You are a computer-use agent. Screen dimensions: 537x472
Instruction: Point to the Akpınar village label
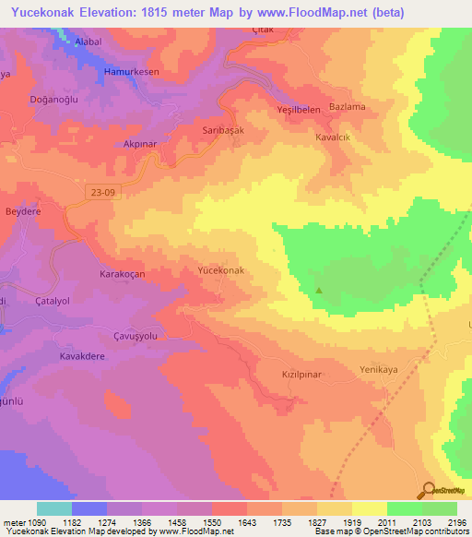coord(142,145)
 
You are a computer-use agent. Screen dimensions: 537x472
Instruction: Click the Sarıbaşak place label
coord(223,131)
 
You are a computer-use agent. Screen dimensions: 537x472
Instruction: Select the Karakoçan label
coord(124,275)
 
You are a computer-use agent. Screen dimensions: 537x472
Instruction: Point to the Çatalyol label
coord(54,301)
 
